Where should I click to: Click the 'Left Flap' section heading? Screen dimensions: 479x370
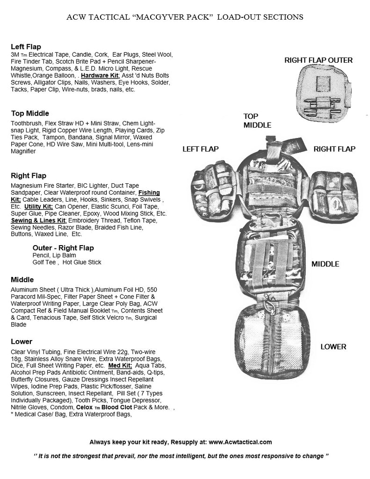[26, 47]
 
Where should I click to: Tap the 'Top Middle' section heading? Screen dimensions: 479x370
[30, 113]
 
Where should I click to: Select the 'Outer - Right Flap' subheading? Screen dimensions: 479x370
[63, 247]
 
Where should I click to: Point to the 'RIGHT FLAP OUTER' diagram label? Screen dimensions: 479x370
[318, 60]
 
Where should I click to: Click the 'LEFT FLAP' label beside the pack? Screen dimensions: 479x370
[200, 149]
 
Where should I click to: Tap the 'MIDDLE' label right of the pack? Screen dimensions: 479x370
[325, 264]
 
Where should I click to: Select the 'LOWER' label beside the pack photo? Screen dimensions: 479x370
[333, 347]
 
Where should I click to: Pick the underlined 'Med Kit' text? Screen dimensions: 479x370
[120, 365]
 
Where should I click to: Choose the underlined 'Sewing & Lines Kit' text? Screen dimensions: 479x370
[38, 220]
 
